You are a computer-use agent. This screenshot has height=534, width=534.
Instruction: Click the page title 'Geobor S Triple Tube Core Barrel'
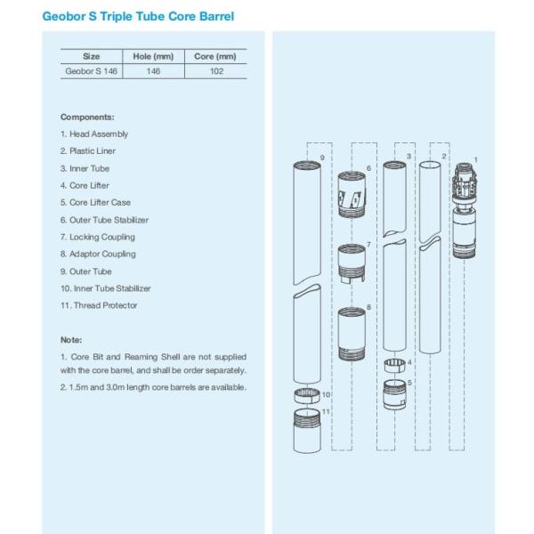pos(138,16)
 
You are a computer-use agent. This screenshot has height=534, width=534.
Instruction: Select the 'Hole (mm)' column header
pos(153,57)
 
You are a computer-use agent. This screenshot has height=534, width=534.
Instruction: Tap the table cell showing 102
pos(216,71)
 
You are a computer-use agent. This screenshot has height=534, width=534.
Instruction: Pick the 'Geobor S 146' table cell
pos(92,71)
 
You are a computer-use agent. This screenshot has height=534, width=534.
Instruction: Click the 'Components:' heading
pos(87,117)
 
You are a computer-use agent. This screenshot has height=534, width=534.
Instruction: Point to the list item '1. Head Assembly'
pos(94,134)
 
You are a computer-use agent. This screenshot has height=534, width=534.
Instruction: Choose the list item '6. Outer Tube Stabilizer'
pos(104,220)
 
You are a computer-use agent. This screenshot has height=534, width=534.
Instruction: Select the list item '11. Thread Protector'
pos(99,305)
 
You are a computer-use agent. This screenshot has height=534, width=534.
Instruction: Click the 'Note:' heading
pos(71,340)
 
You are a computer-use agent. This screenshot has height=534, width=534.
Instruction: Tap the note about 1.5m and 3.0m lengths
pos(153,387)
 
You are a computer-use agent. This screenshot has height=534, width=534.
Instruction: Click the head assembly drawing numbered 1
pos(465,211)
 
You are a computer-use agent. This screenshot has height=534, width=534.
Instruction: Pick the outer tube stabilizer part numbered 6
pos(352,194)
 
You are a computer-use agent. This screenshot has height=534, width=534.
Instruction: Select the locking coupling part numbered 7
pos(352,263)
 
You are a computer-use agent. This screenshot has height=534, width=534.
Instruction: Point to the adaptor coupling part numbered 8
pos(352,334)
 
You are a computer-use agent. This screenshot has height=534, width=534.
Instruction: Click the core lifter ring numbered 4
pos(394,366)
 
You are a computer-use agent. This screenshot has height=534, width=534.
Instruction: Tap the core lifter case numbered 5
pos(394,394)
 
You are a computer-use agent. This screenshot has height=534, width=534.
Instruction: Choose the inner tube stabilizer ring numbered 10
pos(307,396)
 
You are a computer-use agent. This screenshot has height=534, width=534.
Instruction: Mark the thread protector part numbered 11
pos(307,431)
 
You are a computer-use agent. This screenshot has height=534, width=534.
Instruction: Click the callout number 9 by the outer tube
pos(322,158)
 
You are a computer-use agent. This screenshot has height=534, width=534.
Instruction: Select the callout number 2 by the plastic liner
pos(444,157)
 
